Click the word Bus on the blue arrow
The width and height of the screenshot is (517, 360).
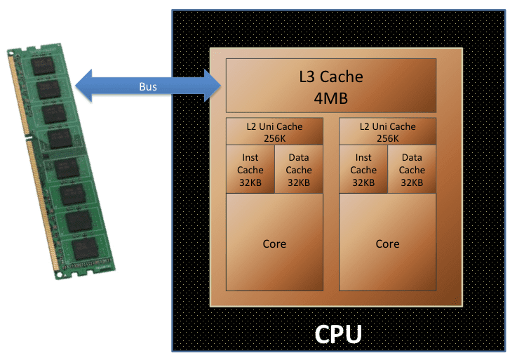tap(147, 87)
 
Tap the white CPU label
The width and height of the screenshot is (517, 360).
tap(338, 333)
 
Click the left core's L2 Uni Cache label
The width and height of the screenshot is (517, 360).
tap(274, 127)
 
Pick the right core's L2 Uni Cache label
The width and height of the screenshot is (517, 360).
tap(387, 127)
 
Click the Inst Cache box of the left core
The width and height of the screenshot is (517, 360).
tap(250, 170)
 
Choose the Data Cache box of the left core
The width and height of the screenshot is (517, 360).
tap(299, 170)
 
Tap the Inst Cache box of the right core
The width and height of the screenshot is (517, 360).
tap(363, 170)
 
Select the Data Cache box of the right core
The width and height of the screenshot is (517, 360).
tap(412, 170)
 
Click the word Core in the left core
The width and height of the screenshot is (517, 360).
tap(274, 244)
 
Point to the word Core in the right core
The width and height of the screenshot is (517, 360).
tap(387, 244)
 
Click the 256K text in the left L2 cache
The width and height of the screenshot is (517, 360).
tap(274, 138)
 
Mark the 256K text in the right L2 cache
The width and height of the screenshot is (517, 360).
tap(387, 138)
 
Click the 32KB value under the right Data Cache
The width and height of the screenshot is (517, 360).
tap(412, 182)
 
